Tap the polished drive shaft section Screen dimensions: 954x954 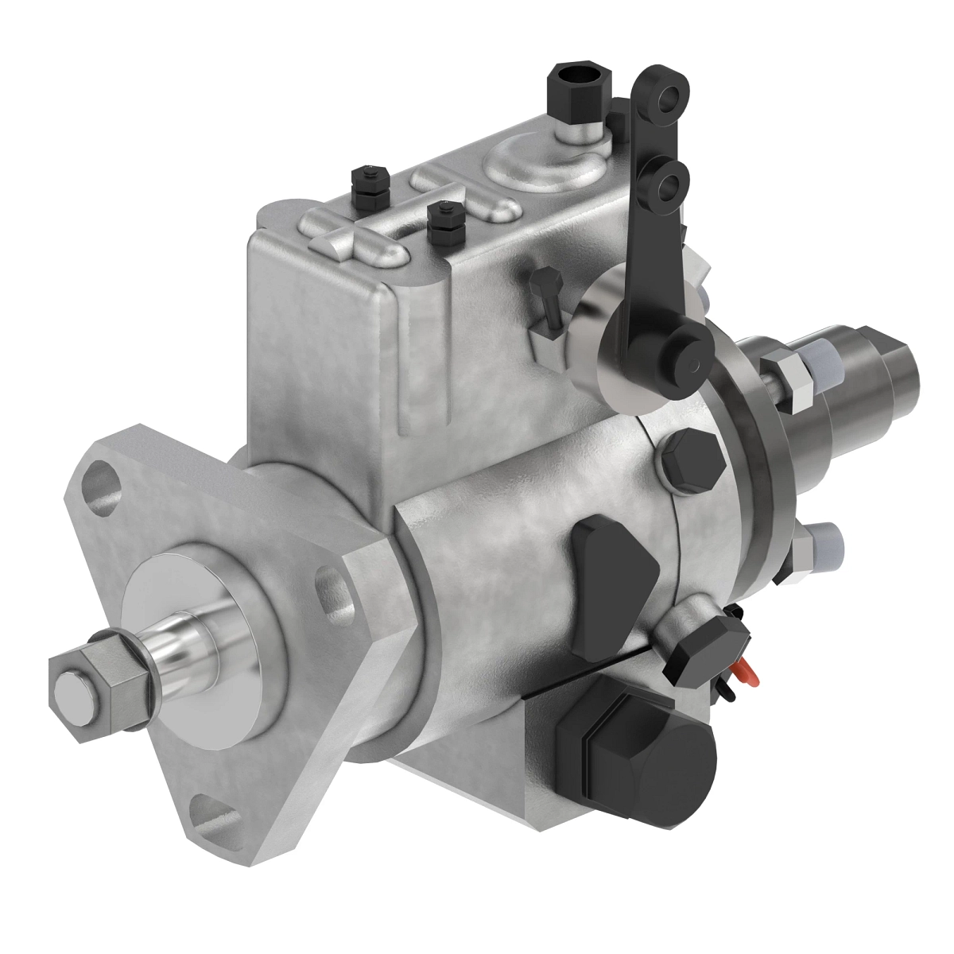pos(184,640)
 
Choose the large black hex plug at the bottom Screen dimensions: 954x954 pos(636,747)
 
